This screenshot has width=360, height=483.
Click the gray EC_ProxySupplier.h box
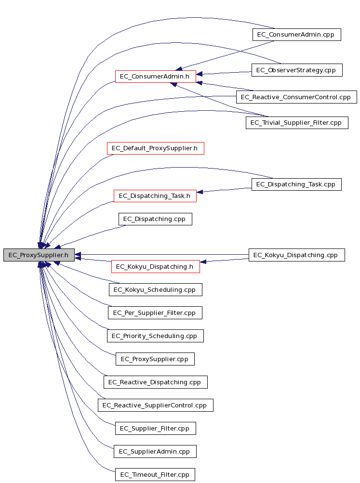point(39,255)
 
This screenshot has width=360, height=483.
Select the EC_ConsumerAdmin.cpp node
point(296,35)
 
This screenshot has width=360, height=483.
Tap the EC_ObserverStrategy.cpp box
point(297,70)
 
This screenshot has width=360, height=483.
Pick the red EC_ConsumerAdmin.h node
point(155,77)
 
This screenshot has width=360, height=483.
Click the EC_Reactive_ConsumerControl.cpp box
point(296,97)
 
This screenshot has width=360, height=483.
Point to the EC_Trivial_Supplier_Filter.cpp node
point(297,123)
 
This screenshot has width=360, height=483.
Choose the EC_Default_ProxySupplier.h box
point(155,148)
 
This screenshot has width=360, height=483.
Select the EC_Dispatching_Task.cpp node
point(296,184)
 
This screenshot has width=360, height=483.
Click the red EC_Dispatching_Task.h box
point(155,196)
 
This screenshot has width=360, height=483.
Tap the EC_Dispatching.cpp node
point(155,219)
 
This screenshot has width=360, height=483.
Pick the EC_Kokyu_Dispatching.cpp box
point(296,255)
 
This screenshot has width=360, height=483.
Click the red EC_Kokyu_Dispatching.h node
point(155,266)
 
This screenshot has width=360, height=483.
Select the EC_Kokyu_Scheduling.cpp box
point(156,290)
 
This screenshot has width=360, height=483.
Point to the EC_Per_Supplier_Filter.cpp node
point(155,313)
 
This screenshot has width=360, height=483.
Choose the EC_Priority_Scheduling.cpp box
point(155,336)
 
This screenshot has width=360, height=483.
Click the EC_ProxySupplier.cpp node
point(155,359)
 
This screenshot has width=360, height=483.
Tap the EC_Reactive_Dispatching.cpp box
point(156,382)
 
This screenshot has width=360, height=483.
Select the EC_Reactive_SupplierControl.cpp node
point(156,405)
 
